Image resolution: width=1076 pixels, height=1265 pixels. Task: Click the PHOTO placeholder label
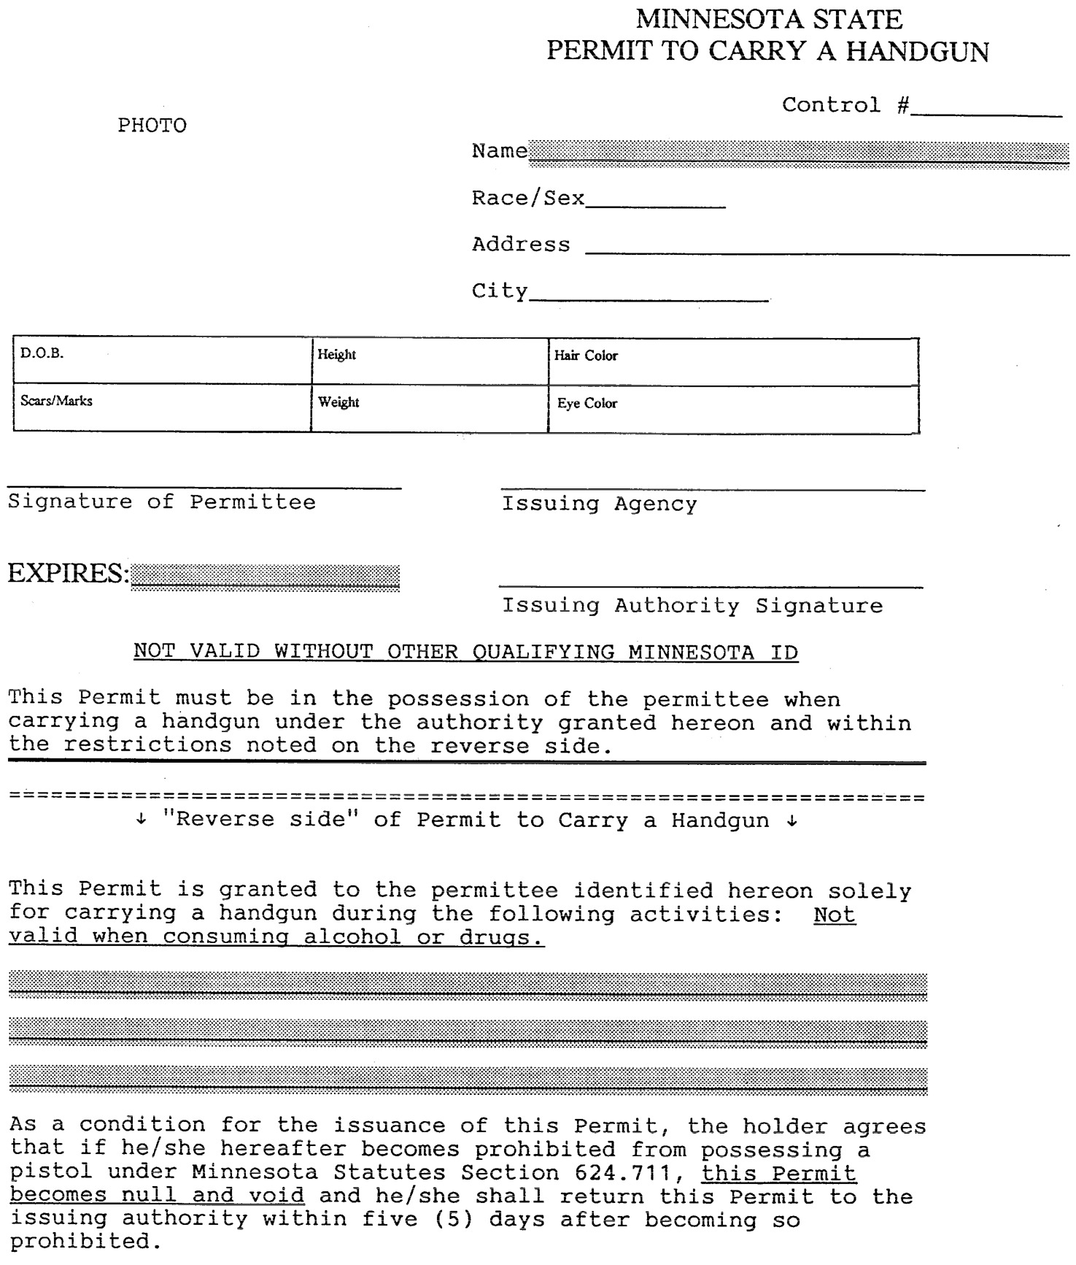152,126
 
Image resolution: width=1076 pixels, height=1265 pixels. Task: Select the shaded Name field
799,153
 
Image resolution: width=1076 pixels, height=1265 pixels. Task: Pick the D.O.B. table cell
162,361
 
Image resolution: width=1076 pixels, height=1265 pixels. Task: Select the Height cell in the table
430,361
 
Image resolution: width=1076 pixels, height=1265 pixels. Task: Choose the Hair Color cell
733,362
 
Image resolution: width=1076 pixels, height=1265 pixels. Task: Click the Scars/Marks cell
162,408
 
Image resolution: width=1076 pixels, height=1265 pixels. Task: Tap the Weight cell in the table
430,409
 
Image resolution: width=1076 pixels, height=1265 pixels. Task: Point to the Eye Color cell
733,410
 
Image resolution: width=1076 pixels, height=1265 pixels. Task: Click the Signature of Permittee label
162,502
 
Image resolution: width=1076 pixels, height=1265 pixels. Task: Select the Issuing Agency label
599,504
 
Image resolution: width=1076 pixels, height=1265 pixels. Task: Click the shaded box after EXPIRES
266,577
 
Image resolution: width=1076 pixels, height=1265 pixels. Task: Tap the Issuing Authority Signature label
692,606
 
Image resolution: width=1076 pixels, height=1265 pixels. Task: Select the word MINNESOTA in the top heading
711,19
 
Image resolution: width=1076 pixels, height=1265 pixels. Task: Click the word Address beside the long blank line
521,245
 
